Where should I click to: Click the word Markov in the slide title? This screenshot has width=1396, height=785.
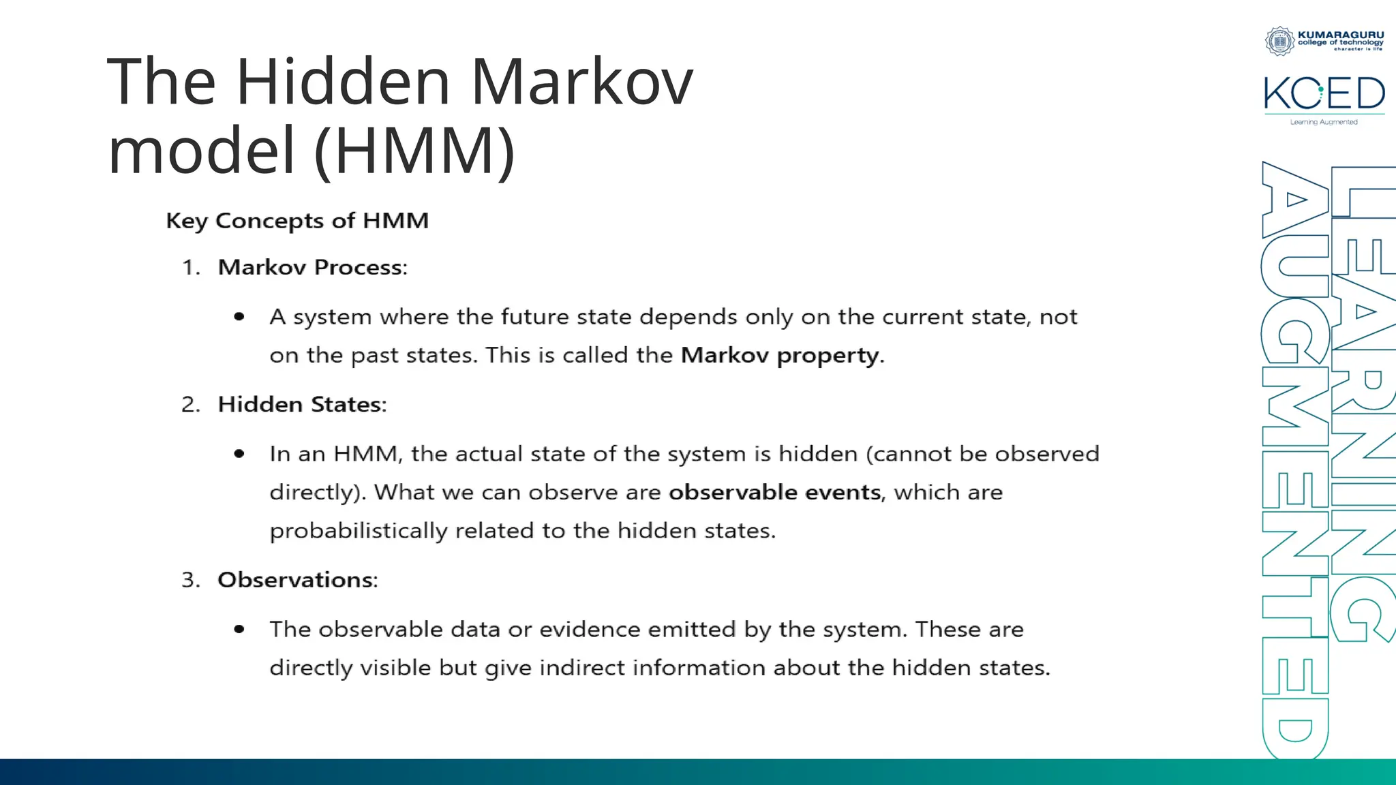[581, 82]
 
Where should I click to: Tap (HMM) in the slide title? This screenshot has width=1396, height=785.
[414, 151]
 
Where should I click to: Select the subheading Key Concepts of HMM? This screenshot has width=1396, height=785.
[297, 221]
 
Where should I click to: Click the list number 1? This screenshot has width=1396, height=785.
[190, 267]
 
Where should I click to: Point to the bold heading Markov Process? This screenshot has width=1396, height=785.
[312, 267]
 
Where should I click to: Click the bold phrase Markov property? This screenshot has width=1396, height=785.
[780, 355]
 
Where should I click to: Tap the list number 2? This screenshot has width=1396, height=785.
[190, 405]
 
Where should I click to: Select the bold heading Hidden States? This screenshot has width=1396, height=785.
[302, 405]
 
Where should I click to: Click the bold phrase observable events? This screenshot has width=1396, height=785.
[774, 492]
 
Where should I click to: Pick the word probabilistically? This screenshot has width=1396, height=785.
[358, 531]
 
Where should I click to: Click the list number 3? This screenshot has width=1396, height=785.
[190, 580]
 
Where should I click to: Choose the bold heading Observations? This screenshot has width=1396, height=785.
[297, 580]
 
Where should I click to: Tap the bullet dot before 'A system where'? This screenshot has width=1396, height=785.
[239, 317]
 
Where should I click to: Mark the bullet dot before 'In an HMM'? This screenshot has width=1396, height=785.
[239, 454]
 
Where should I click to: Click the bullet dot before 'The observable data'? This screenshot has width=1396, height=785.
[239, 629]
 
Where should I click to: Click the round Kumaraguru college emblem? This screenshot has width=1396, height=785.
[1279, 41]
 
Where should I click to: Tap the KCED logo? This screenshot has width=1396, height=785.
[1324, 93]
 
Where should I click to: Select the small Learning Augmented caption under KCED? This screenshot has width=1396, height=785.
[1324, 123]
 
